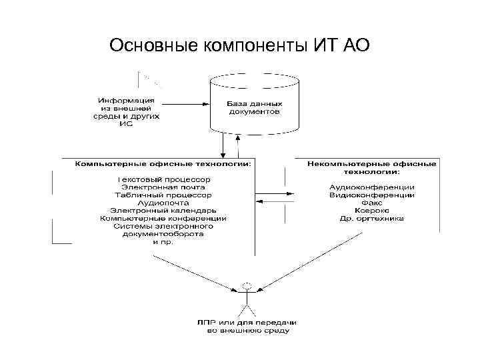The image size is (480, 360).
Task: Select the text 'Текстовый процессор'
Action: [163, 179]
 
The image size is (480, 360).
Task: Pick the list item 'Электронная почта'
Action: [163, 187]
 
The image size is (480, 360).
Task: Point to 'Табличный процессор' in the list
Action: [163, 195]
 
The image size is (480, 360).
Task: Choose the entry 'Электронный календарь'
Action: [163, 211]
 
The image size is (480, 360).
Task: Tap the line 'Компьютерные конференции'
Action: [163, 218]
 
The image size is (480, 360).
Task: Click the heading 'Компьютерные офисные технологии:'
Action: [163, 163]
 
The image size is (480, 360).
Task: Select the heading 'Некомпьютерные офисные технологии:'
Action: [371, 166]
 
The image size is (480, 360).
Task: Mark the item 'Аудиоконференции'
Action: [371, 187]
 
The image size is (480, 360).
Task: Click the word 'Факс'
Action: [371, 203]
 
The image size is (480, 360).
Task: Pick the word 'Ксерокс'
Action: [371, 211]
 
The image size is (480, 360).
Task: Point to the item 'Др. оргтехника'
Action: [371, 219]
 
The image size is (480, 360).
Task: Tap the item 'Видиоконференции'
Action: [371, 195]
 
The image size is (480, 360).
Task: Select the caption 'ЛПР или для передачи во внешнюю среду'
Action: [247, 326]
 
